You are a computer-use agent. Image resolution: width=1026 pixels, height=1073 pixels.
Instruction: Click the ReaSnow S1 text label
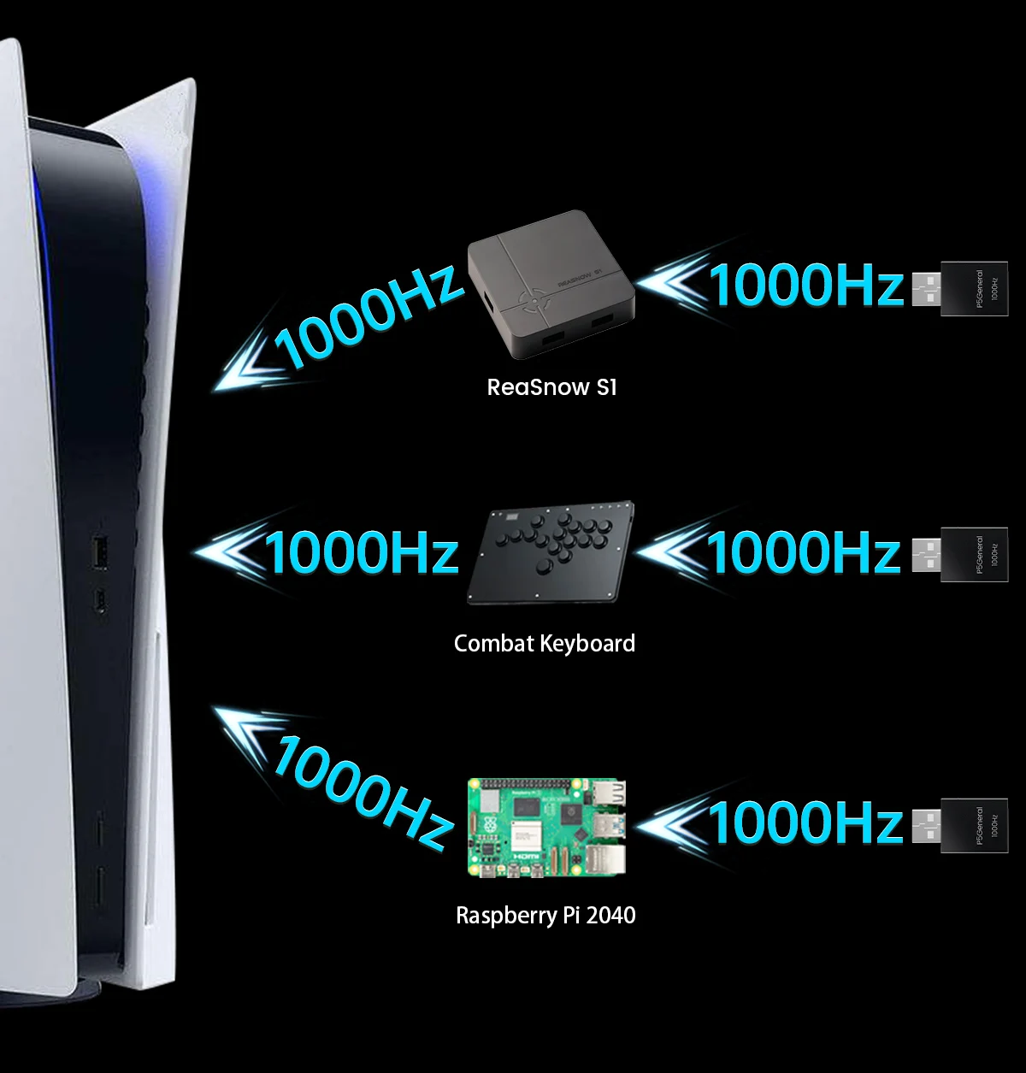pyautogui.click(x=551, y=387)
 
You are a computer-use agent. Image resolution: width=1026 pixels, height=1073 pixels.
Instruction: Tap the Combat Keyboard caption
pyautogui.click(x=544, y=643)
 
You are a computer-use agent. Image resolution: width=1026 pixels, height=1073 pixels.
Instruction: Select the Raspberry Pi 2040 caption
pyautogui.click(x=545, y=915)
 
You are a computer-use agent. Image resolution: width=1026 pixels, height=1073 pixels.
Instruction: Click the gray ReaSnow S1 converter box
pyautogui.click(x=551, y=283)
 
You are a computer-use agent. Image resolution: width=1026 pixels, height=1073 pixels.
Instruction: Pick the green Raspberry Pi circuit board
pyautogui.click(x=546, y=827)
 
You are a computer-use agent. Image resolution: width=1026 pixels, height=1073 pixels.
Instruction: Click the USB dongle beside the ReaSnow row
pyautogui.click(x=973, y=289)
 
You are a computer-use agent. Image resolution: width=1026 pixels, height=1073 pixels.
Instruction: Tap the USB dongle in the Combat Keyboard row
pyautogui.click(x=973, y=555)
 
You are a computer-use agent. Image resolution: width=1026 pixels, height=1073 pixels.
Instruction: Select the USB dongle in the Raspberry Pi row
pyautogui.click(x=973, y=826)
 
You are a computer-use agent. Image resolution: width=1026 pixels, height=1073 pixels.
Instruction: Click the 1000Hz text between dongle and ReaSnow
pyautogui.click(x=805, y=286)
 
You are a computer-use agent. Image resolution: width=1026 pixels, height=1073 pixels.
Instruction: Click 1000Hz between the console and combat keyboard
pyautogui.click(x=361, y=552)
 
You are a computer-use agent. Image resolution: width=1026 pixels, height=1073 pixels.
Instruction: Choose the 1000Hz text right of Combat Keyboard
pyautogui.click(x=804, y=552)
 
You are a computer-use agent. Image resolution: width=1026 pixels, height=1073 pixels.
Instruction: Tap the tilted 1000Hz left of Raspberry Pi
pyautogui.click(x=363, y=792)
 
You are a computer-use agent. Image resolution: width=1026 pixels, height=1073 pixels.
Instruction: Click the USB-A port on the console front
pyautogui.click(x=100, y=552)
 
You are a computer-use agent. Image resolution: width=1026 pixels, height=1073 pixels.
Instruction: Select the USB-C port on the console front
pyautogui.click(x=101, y=600)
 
